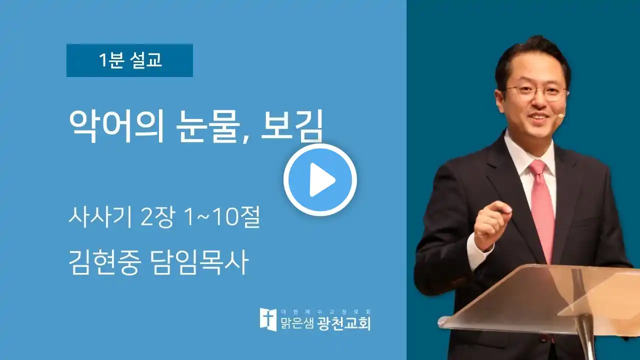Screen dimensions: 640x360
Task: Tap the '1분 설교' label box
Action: coord(129,60)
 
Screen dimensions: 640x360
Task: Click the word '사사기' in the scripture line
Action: coord(100,217)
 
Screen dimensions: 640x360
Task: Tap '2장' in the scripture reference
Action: coord(157,217)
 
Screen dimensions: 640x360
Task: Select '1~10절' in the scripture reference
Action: coord(222,217)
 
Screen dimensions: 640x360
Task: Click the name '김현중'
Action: coord(105,262)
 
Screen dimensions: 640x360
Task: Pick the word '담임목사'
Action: coord(199,262)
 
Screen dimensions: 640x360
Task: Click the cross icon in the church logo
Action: coord(268,319)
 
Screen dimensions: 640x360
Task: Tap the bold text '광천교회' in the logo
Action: coord(344,323)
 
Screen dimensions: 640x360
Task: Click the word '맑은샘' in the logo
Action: coord(297,323)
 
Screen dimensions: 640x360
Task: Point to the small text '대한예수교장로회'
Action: coord(326,311)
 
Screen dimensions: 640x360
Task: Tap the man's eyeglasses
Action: coord(537,93)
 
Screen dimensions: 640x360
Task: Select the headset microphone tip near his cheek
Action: coord(561,115)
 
